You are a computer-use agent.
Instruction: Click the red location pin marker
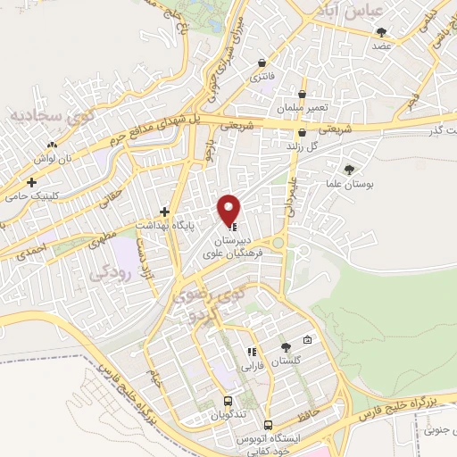click(230, 209)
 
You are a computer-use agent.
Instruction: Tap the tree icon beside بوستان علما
click(348, 169)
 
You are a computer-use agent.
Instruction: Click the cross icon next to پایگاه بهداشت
click(164, 212)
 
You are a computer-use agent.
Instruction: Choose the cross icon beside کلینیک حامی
click(32, 182)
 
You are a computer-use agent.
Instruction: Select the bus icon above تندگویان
click(228, 401)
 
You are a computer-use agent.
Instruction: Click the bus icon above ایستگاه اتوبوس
click(283, 427)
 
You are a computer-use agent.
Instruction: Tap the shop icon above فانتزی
click(261, 63)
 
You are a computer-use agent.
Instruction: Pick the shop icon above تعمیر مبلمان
click(303, 94)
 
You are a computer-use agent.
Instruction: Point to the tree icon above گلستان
click(285, 347)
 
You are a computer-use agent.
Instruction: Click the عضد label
click(382, 44)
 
